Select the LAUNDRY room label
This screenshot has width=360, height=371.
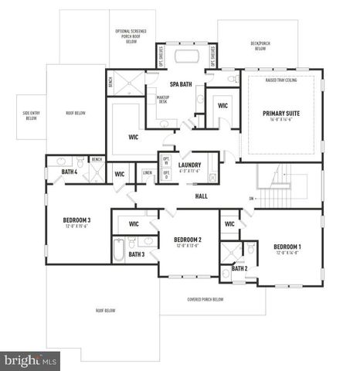click(189, 165)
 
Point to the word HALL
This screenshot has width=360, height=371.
click(201, 196)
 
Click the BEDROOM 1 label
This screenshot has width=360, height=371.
click(287, 247)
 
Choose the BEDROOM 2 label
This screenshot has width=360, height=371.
click(188, 240)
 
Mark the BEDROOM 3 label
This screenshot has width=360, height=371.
click(77, 220)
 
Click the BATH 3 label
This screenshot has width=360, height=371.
click(137, 254)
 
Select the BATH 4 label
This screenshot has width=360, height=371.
click(70, 172)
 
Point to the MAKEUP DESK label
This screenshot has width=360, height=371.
click(163, 99)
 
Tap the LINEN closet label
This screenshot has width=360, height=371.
click(147, 172)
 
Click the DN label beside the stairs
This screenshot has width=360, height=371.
click(252, 199)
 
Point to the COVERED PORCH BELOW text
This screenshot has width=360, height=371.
click(206, 299)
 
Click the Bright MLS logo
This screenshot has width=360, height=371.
click(30, 360)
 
